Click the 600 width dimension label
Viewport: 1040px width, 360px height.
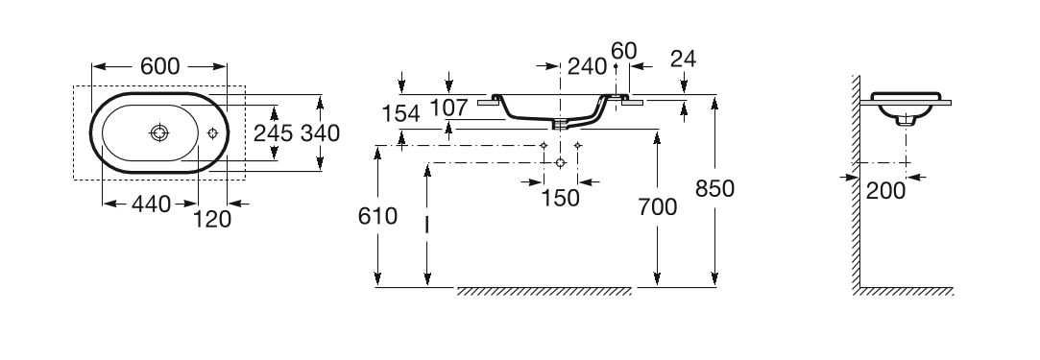click(x=159, y=66)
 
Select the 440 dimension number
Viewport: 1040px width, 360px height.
click(x=151, y=204)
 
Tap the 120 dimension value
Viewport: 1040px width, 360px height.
click(x=212, y=219)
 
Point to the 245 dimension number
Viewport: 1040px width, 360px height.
click(x=274, y=133)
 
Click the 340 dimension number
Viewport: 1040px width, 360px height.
click(x=321, y=133)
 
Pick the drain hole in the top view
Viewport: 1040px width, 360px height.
click(x=159, y=133)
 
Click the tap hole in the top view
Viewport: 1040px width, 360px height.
click(x=213, y=133)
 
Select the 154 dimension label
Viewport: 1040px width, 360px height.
click(x=401, y=114)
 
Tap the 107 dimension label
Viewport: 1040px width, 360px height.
click(x=449, y=108)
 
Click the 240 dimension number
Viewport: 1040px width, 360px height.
click(x=588, y=66)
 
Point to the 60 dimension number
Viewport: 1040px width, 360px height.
click(x=624, y=51)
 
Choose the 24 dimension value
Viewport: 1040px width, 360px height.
click(x=683, y=59)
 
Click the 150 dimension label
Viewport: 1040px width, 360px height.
click(x=561, y=198)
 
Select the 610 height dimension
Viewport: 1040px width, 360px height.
click(x=377, y=216)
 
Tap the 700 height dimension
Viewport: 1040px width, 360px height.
click(x=657, y=207)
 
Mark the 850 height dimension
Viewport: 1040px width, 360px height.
click(x=715, y=189)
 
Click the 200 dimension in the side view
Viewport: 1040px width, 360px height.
click(x=886, y=191)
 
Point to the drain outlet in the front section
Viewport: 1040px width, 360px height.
click(x=561, y=124)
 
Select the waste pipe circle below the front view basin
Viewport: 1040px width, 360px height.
click(x=561, y=162)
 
